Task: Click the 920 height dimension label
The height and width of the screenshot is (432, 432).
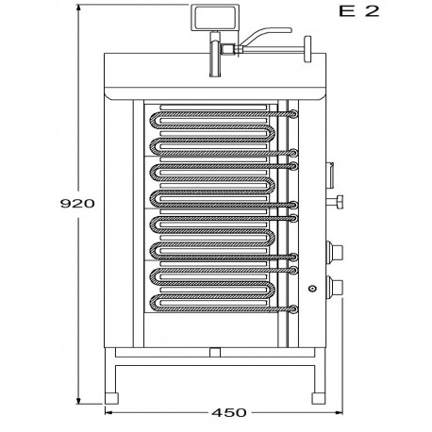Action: click(77, 204)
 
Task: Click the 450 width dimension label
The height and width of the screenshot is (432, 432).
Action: click(229, 412)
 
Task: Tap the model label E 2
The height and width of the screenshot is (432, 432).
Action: click(359, 11)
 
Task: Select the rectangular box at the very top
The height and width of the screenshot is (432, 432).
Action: click(213, 18)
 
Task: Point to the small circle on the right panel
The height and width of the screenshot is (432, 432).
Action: click(312, 289)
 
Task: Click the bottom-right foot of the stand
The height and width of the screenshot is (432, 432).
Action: click(319, 398)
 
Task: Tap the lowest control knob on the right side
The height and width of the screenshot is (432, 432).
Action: click(334, 286)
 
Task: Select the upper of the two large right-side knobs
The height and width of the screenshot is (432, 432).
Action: click(334, 251)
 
